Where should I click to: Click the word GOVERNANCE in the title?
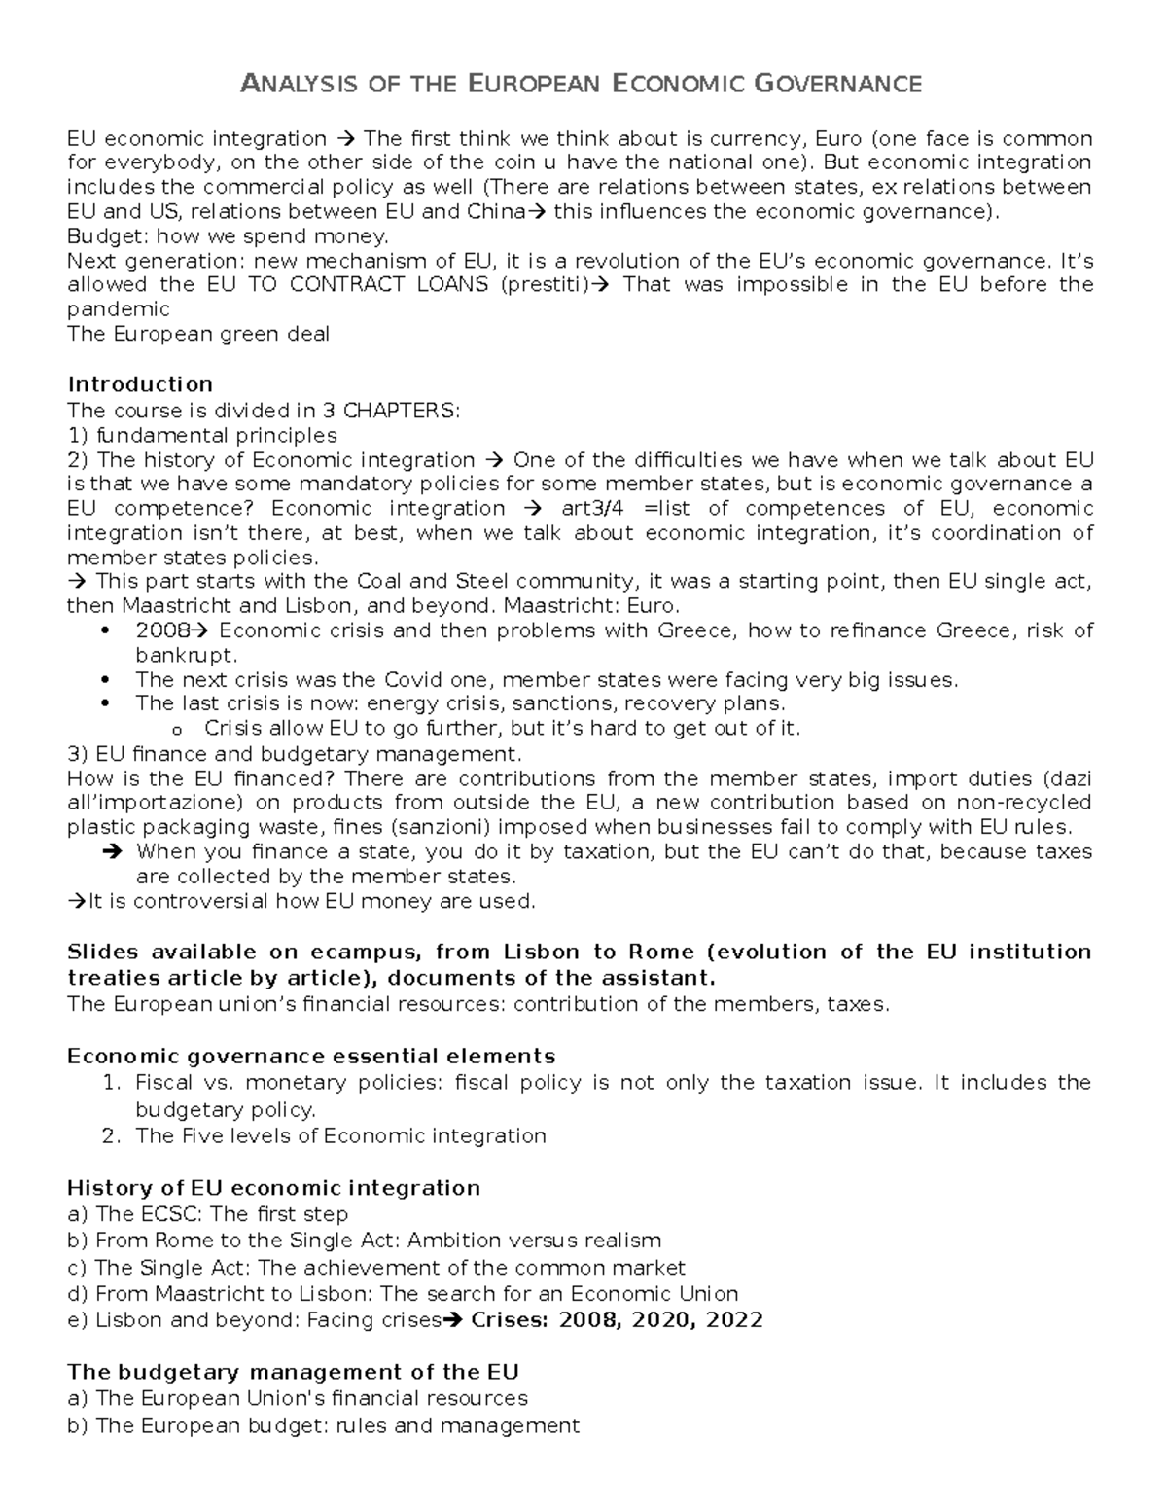pyautogui.click(x=837, y=85)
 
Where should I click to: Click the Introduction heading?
pyautogui.click(x=139, y=384)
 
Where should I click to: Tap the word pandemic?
pyautogui.click(x=118, y=309)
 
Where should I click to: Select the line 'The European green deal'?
pyautogui.click(x=197, y=335)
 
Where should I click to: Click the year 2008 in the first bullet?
pyautogui.click(x=162, y=630)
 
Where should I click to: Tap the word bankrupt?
pyautogui.click(x=185, y=655)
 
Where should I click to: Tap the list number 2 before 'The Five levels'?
pyautogui.click(x=111, y=1136)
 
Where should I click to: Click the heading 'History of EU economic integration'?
pyautogui.click(x=273, y=1188)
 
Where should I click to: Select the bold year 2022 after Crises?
pyautogui.click(x=734, y=1320)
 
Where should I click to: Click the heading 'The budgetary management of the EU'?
pyautogui.click(x=293, y=1373)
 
